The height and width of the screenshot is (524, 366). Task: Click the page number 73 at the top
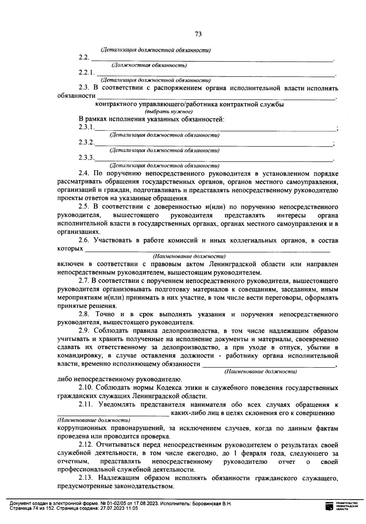(198, 34)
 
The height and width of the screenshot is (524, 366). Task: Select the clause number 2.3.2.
(86, 142)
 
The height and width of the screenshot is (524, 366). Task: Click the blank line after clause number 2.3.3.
(213, 159)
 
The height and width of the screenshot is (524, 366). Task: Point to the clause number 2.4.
(84, 174)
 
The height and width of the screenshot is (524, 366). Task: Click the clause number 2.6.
(84, 240)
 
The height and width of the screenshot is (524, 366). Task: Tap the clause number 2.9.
(84, 331)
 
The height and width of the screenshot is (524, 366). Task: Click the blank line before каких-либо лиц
(113, 415)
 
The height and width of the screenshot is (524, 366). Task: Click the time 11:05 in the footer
(132, 508)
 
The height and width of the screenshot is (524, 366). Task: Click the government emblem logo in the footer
(329, 506)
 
